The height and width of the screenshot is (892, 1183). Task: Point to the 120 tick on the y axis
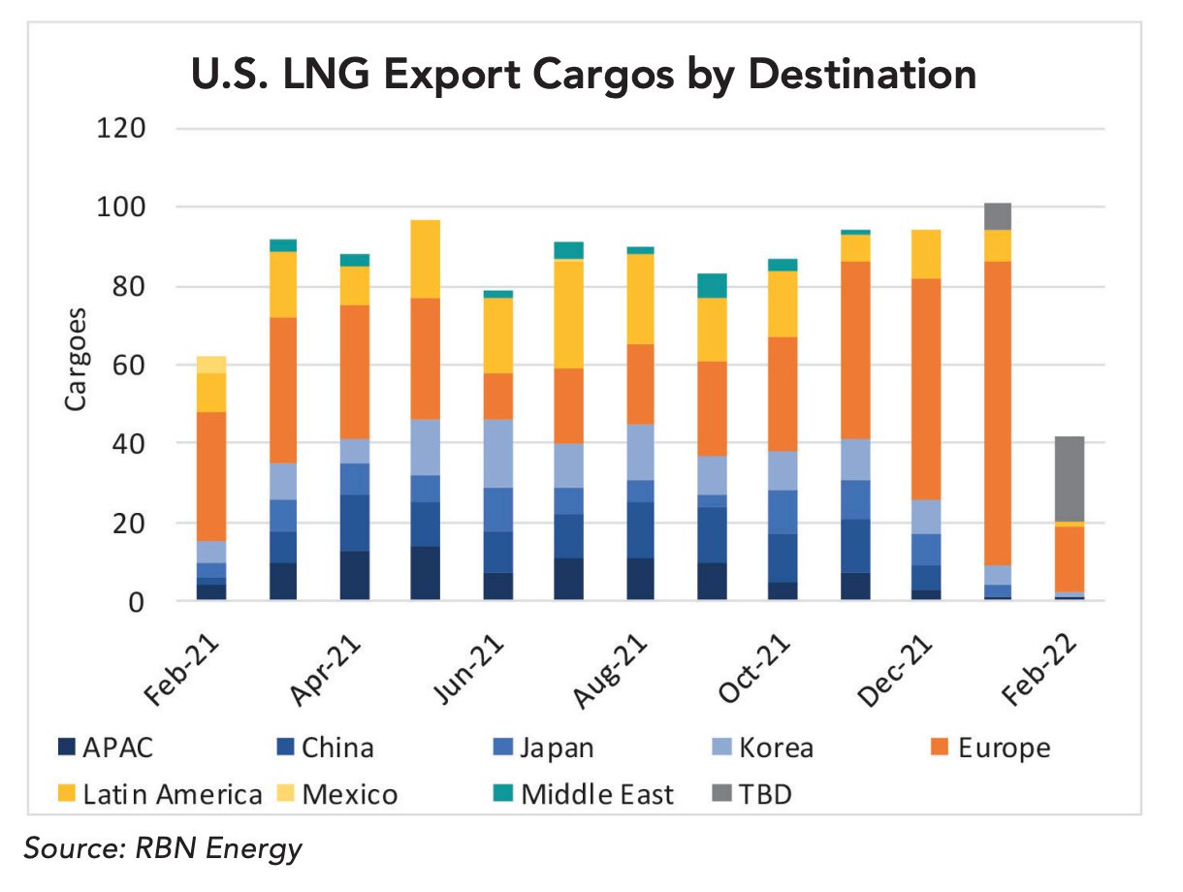click(121, 129)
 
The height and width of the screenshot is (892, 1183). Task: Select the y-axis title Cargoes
click(77, 360)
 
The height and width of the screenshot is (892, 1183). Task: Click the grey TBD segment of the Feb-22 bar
click(1069, 479)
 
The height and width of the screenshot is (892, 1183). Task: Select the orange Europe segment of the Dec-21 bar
click(925, 389)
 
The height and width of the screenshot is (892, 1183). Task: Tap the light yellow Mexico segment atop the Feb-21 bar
click(210, 364)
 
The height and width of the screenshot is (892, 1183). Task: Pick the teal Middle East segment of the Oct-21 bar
click(783, 265)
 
